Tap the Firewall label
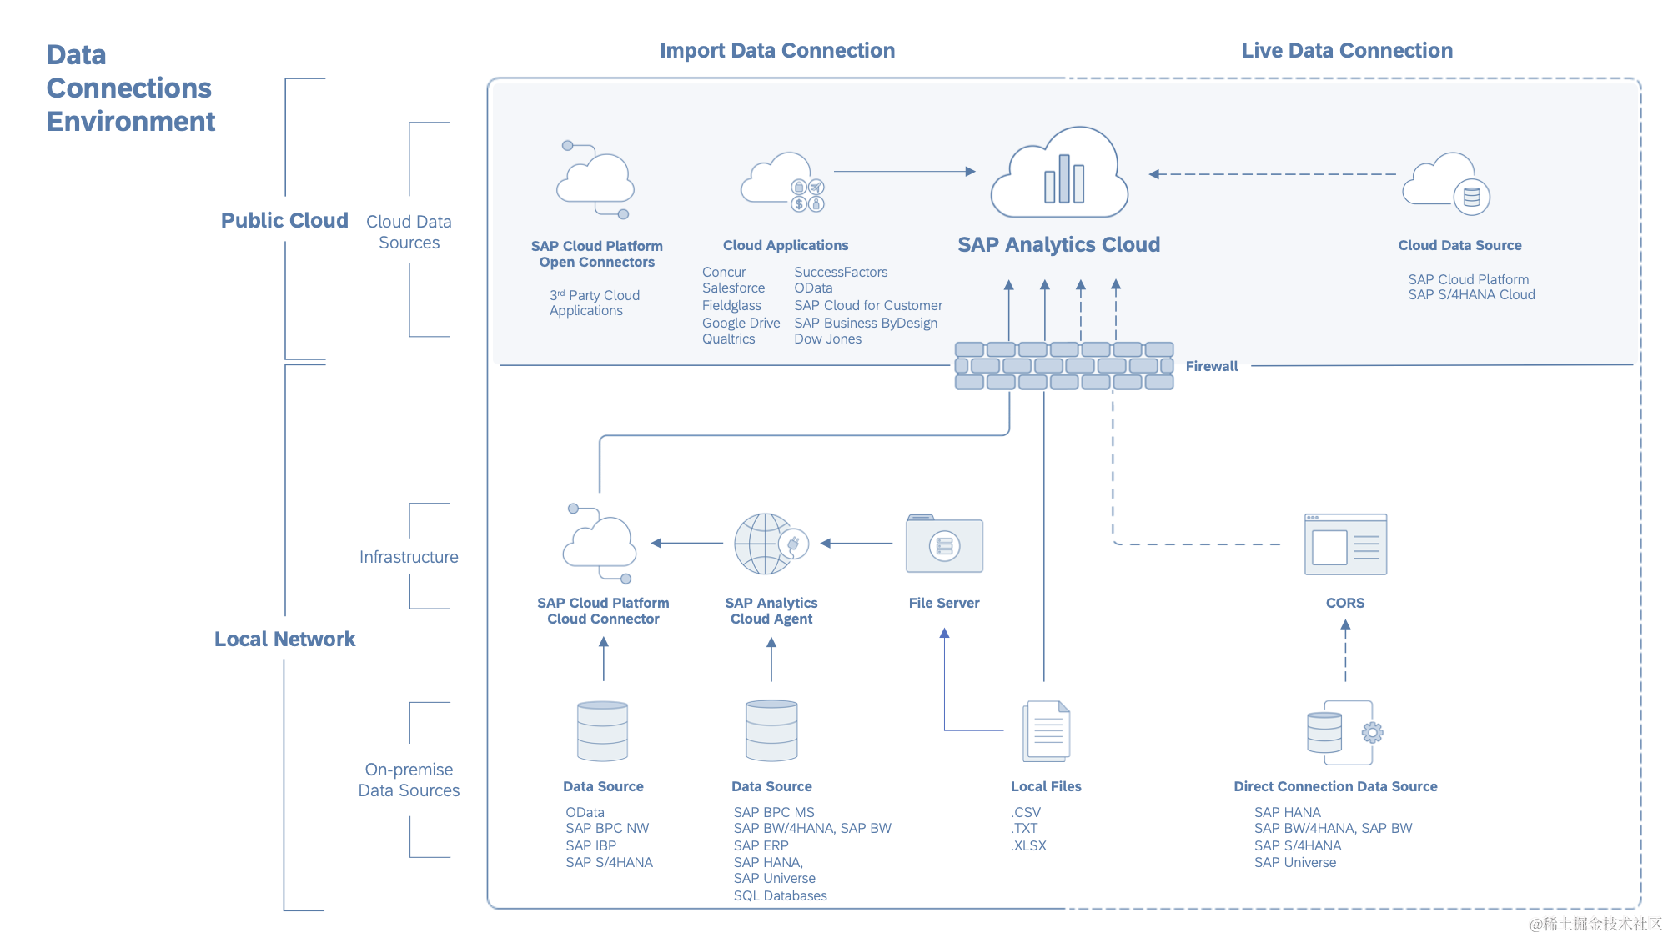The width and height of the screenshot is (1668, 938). [1212, 366]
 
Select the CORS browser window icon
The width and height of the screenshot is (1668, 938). [1345, 544]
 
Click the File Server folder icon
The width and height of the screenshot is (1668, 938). [944, 544]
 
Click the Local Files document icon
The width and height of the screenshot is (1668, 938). [1047, 731]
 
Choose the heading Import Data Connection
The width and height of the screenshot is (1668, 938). [777, 51]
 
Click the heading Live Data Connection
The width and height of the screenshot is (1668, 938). [1347, 51]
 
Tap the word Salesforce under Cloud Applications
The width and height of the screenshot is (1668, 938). [733, 288]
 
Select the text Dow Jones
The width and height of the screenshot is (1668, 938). [827, 339]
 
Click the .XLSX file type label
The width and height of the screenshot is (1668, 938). [1029, 845]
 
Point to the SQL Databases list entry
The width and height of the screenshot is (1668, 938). [780, 895]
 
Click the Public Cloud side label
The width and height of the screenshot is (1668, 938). [284, 220]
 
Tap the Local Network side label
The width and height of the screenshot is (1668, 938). [284, 639]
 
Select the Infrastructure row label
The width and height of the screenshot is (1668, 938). [409, 557]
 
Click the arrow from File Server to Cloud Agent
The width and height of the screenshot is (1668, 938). [857, 544]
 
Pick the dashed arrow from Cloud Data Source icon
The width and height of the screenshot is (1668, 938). [1273, 174]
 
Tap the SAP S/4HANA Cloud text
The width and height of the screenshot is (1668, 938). [1471, 295]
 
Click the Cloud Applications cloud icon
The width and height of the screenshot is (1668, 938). [783, 182]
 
